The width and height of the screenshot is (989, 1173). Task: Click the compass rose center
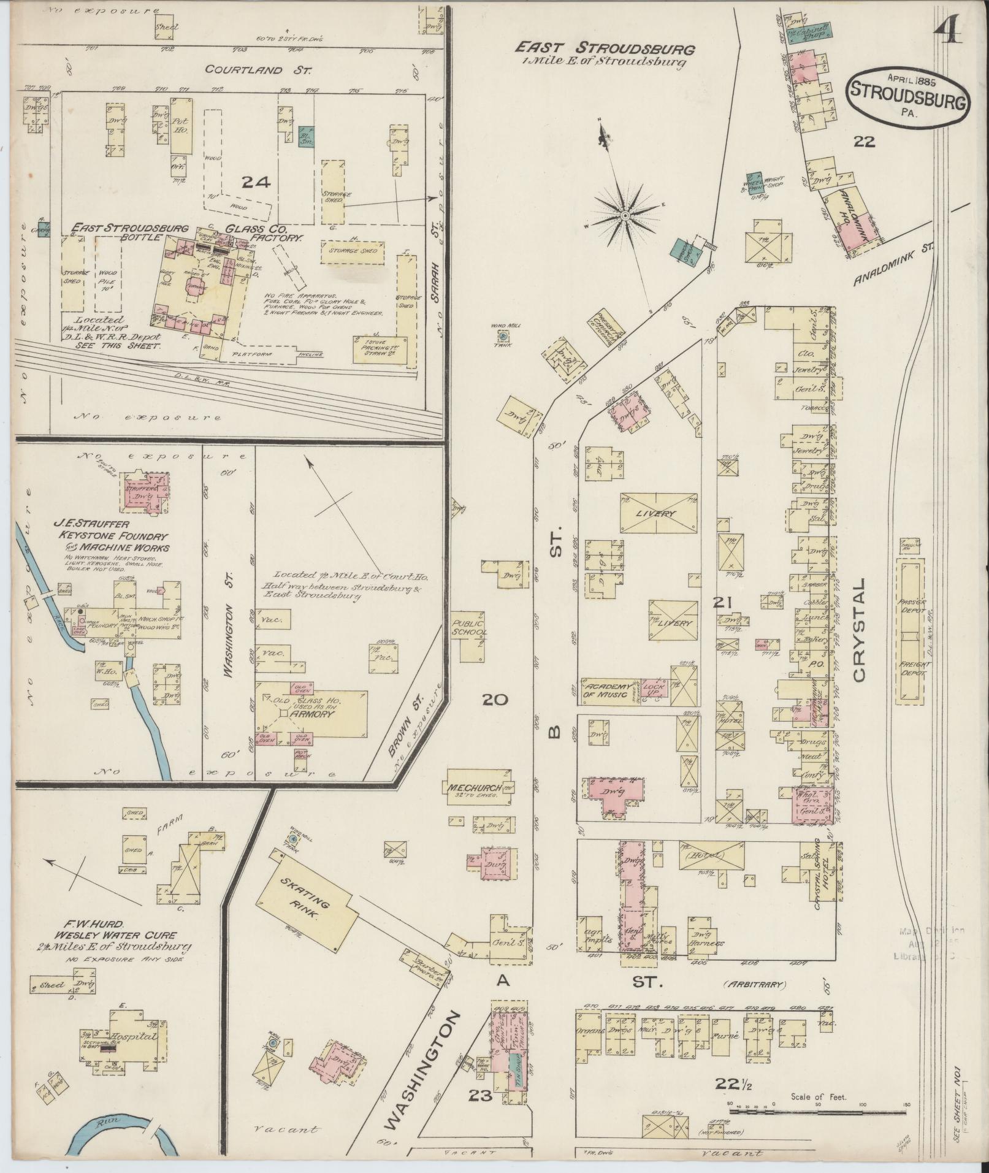(x=624, y=215)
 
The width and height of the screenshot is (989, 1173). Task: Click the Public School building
(x=469, y=627)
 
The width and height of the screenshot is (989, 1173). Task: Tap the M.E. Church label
(x=475, y=788)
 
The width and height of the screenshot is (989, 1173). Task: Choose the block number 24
(x=256, y=181)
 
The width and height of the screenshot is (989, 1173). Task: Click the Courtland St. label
(x=257, y=70)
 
